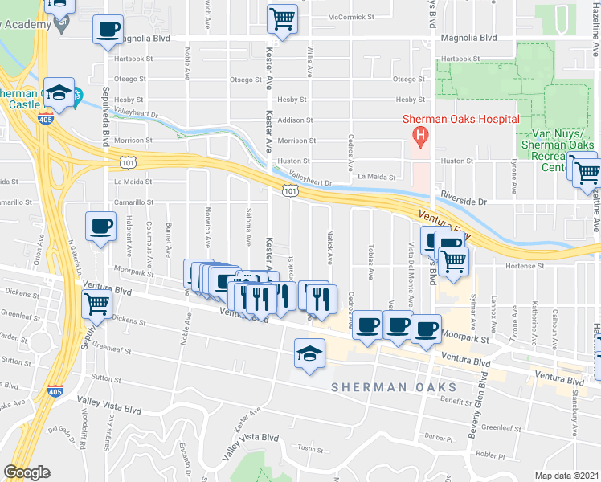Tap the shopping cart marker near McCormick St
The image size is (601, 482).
click(x=282, y=17)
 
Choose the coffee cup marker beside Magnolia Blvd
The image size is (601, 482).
click(x=108, y=31)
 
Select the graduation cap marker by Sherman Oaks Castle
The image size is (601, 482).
click(x=59, y=92)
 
